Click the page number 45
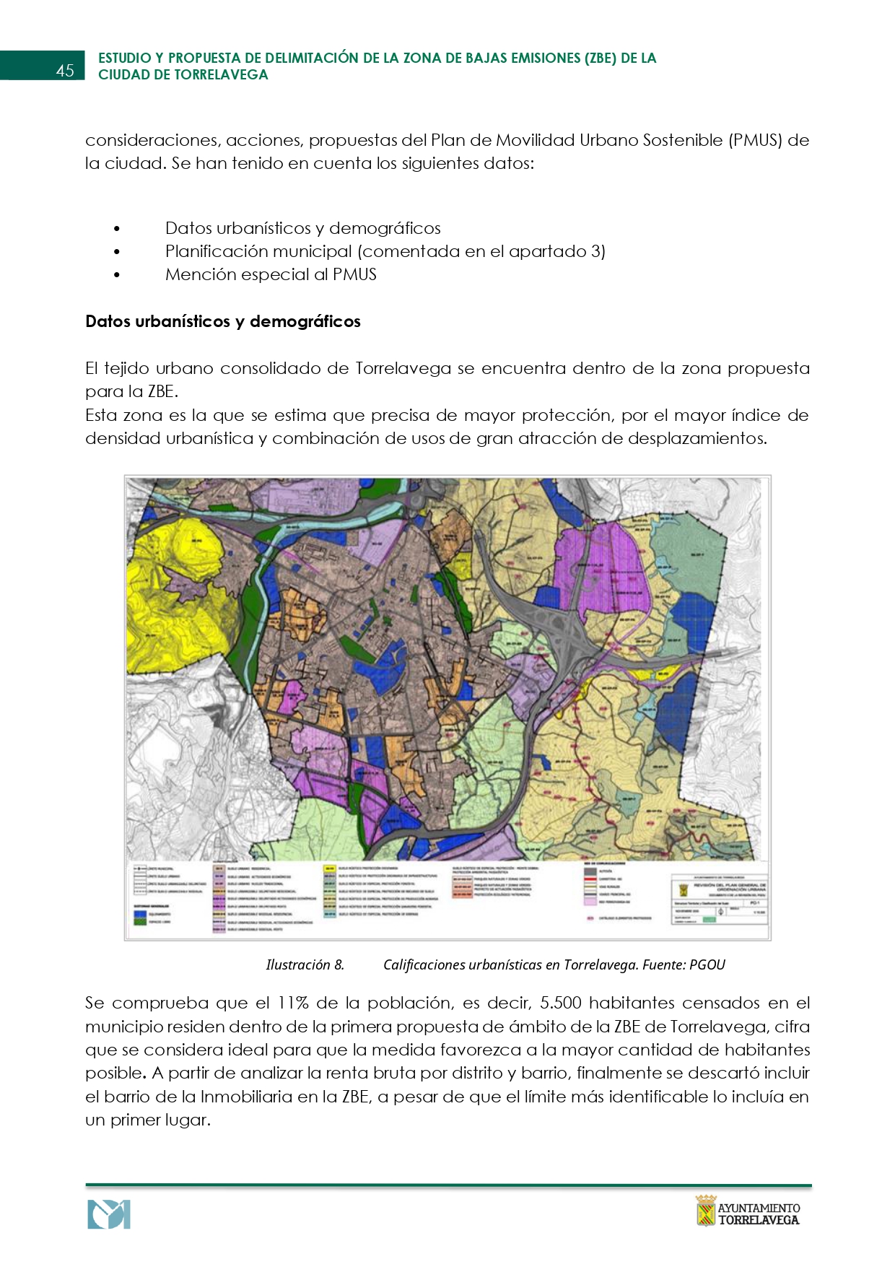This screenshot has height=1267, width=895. click(65, 70)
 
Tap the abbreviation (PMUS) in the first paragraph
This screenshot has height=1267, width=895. click(756, 140)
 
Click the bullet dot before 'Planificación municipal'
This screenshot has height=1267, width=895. click(116, 252)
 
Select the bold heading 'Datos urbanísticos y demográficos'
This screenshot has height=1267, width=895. click(223, 321)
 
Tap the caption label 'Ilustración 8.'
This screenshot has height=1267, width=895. click(305, 965)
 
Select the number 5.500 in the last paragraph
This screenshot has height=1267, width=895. click(566, 1003)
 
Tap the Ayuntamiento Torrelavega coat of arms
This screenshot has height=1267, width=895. click(705, 1210)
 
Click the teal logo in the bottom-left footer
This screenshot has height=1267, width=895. click(108, 1214)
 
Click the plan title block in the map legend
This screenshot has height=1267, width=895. click(717, 895)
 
